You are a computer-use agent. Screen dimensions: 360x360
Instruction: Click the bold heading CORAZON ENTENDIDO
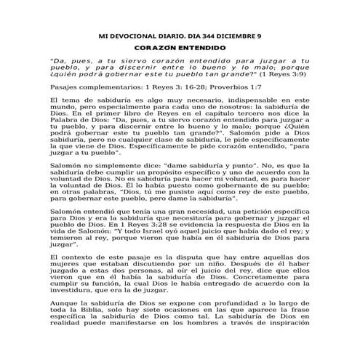(180, 47)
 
